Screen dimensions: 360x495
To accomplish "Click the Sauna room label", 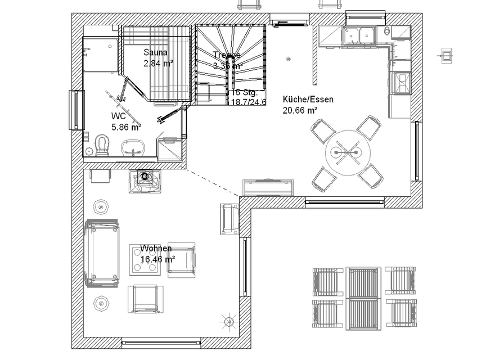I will [155, 52].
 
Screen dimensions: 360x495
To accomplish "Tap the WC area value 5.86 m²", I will [126, 127].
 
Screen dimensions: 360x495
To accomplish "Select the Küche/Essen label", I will [308, 100].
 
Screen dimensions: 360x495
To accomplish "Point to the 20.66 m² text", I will [300, 111].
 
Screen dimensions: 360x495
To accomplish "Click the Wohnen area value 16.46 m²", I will [157, 259].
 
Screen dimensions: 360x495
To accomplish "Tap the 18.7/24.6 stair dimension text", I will [248, 102].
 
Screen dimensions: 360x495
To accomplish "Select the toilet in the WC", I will [102, 145].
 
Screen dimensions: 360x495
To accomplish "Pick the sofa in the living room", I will [102, 253].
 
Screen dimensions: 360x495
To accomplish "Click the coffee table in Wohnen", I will [147, 260].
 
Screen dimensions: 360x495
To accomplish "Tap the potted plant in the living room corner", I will [229, 322].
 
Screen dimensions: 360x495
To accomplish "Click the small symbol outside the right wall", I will [447, 55].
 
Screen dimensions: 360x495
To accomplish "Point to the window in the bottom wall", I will [161, 342].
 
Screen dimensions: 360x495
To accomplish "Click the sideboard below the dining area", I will [268, 187].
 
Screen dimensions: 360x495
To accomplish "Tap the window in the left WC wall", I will [75, 110].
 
